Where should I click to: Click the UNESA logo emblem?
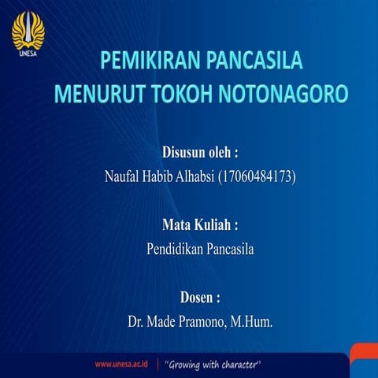pyautogui.click(x=28, y=30)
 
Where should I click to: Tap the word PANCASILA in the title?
pyautogui.click(x=254, y=62)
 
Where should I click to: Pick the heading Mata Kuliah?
pyautogui.click(x=200, y=225)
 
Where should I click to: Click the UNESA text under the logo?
pyautogui.click(x=27, y=54)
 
